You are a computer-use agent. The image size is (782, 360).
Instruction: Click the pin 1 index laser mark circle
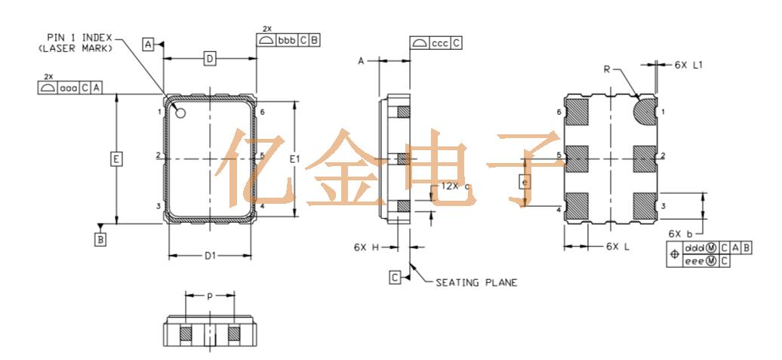pos(181,113)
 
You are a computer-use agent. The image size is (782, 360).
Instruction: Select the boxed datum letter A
pos(149,45)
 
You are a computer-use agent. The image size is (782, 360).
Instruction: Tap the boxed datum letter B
pos(100,239)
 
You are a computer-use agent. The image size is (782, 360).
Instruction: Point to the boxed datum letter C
pos(395,277)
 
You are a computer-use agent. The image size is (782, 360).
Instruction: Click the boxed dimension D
pos(211,58)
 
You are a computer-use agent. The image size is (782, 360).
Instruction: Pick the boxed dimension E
pos(115,159)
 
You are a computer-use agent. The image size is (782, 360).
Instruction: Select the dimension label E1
pos(295,159)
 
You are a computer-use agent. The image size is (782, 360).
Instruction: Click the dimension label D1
pos(211,256)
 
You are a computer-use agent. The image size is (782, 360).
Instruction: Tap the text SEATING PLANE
pos(476,283)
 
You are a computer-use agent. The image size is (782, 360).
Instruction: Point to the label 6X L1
pos(688,66)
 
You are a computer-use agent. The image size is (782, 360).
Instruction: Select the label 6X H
pos(365,247)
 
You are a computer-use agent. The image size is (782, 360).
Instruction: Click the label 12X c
pos(456,186)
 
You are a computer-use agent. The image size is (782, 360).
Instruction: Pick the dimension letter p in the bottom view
pos(210,296)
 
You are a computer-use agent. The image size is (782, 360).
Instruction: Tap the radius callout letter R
pos(607,69)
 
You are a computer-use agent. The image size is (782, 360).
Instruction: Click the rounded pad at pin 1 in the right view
pos(644,112)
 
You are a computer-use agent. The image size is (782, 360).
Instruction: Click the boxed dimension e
pos(526,181)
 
